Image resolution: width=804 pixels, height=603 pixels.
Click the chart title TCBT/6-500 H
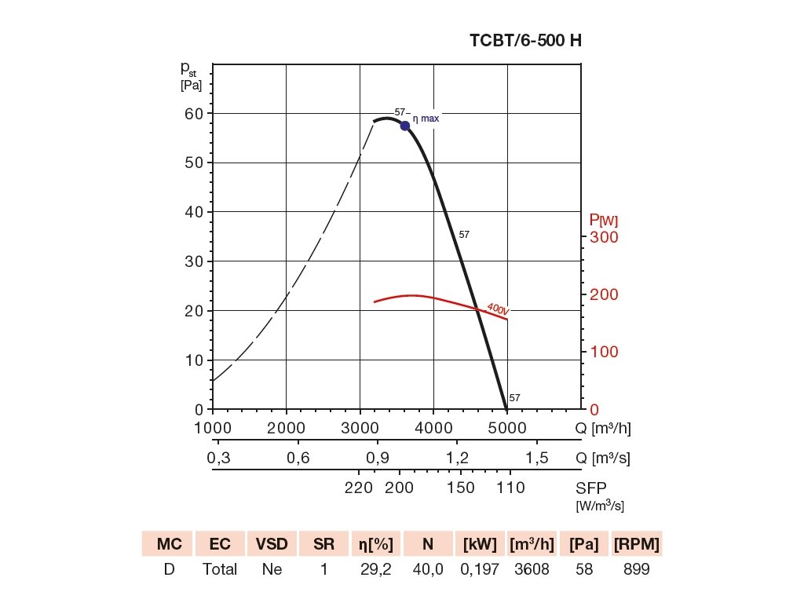525,41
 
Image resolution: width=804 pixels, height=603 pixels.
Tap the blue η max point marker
405,126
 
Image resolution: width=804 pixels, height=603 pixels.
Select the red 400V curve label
498,309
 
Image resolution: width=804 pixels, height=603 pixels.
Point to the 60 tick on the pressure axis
193,113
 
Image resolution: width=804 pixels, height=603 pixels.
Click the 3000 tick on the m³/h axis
360,428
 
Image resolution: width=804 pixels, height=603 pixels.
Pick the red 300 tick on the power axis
604,237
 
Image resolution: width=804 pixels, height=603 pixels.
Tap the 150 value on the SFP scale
461,488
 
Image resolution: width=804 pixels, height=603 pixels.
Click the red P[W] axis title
603,220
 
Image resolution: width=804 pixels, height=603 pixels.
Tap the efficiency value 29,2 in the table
376,569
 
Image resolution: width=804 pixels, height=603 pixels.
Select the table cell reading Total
220,569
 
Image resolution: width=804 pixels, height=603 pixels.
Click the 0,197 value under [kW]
480,569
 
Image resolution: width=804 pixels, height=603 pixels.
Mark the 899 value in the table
636,569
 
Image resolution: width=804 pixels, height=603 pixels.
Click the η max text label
426,119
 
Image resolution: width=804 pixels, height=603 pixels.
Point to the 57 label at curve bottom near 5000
515,398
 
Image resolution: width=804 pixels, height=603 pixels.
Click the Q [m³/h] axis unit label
603,428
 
